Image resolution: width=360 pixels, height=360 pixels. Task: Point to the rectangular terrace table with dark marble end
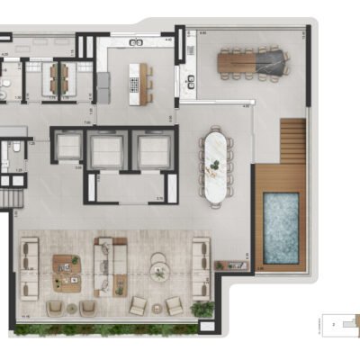coord(253,62)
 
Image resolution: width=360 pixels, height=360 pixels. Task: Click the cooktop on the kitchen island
coord(135,85)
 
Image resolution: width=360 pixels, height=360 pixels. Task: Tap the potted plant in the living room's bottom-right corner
coord(202,309)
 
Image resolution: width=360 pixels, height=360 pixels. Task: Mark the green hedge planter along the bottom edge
coord(108,330)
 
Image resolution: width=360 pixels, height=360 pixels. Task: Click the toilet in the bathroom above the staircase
coord(4,153)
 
